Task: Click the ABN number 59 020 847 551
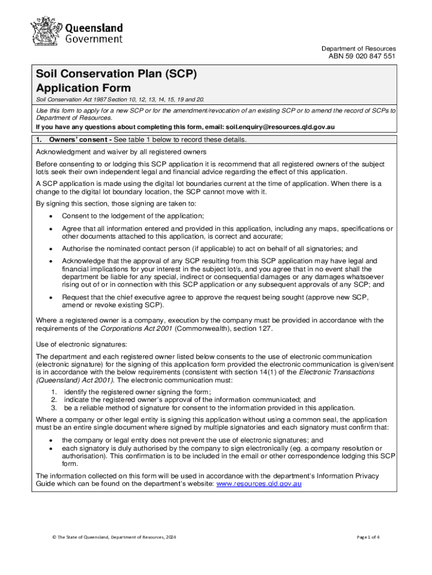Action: point(365,57)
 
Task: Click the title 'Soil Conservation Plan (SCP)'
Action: point(116,74)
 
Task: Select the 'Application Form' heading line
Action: point(83,88)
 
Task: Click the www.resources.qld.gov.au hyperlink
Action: point(259,484)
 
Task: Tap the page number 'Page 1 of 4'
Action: point(368,537)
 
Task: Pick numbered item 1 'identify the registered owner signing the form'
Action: point(137,392)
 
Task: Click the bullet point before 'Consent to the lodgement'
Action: point(51,216)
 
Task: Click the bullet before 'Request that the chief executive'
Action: point(51,297)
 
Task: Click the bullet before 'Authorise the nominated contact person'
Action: point(51,249)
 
